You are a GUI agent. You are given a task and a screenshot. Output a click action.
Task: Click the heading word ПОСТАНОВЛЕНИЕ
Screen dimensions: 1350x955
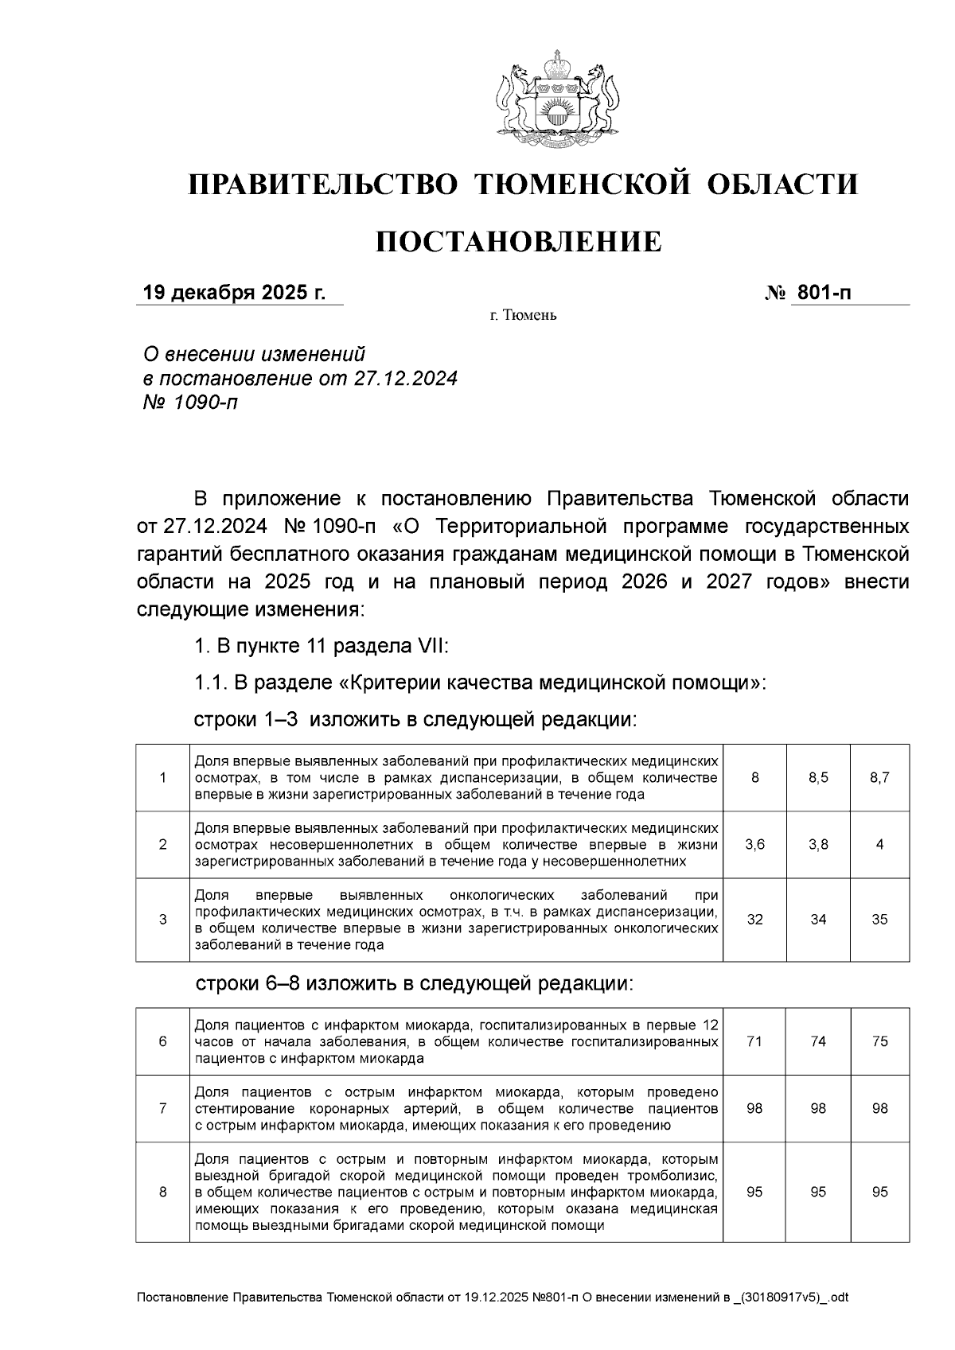518,241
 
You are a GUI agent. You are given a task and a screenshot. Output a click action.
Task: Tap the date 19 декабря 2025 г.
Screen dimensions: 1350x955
234,293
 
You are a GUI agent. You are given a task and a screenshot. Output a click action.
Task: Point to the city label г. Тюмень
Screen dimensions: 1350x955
523,316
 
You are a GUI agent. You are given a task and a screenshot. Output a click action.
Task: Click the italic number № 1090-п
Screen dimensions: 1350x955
189,403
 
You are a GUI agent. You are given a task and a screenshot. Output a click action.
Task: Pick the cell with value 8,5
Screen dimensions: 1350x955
818,778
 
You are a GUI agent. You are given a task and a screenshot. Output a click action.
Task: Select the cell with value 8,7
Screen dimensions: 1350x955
879,778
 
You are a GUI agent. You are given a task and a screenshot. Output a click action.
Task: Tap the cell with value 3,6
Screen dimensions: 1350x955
754,845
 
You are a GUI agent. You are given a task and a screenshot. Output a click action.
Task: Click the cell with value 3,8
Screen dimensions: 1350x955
818,845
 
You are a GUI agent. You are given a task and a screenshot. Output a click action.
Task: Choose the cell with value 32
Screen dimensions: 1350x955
754,920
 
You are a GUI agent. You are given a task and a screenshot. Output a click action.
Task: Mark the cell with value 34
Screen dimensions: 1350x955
818,920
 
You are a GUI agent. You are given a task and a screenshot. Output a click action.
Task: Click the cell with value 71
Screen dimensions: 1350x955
754,1042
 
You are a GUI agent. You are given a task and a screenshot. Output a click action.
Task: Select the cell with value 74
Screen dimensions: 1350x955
818,1042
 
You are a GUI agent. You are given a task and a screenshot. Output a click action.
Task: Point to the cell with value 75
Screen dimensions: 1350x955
879,1042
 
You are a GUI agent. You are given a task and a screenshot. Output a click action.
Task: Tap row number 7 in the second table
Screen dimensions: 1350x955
163,1109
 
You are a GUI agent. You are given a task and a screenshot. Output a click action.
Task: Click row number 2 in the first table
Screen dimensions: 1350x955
163,845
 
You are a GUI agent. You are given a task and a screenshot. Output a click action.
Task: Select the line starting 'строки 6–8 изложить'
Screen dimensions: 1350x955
415,984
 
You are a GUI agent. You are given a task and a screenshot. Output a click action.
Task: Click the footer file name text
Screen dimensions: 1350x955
493,1297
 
